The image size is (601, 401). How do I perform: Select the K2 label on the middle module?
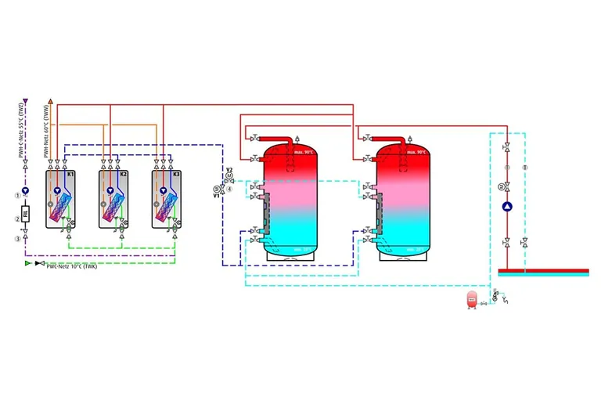click(124, 174)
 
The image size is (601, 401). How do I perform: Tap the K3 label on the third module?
click(177, 174)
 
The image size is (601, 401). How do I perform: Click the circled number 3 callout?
click(16, 239)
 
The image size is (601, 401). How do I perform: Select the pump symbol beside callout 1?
click(26, 190)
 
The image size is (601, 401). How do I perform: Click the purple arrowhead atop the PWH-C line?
click(26, 102)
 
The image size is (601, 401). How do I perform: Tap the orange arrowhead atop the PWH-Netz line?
click(51, 102)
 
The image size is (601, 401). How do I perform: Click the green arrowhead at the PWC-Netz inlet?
click(29, 264)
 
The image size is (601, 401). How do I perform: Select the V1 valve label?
click(217, 195)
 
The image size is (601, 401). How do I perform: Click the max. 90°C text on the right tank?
click(416, 152)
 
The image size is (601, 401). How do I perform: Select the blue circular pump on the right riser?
click(507, 207)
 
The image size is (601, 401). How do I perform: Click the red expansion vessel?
click(472, 298)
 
